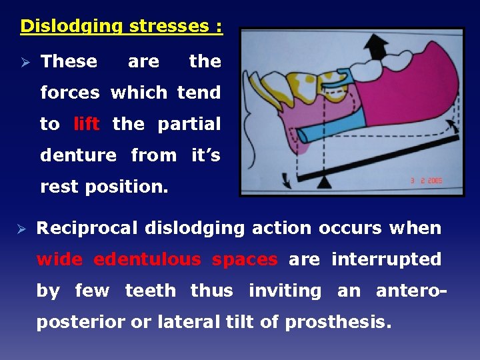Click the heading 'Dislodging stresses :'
pos(121,26)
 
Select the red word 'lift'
pos(87,124)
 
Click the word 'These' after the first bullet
pos(69,61)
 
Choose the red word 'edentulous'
pos(147,259)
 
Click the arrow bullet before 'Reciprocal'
pos(24,229)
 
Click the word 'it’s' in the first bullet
pos(205,155)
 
